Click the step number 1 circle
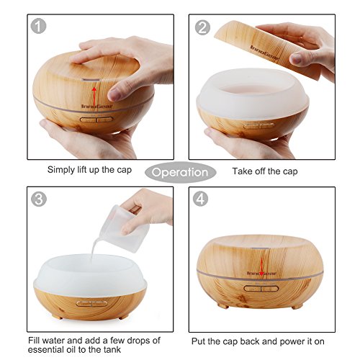coord(38,27)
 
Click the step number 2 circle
coord(202,27)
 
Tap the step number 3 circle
coord(39,199)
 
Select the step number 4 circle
coord(201,199)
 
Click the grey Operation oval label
coord(181,172)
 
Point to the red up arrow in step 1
coord(94,97)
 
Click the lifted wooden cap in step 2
coord(269,49)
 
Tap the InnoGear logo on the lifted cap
coord(265,53)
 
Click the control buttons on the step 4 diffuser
coord(261,288)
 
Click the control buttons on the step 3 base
coord(91,304)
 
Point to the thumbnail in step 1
coord(115,94)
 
